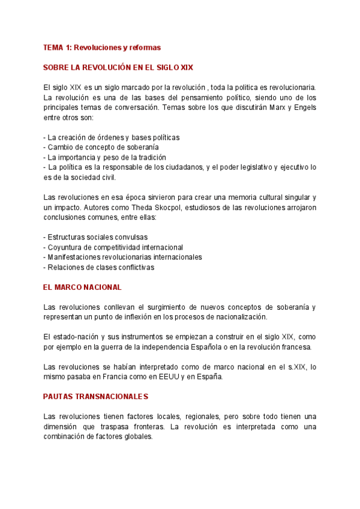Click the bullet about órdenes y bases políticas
[112, 137]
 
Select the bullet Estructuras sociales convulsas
[96, 237]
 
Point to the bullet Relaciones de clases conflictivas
[99, 268]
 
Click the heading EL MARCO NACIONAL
[83, 288]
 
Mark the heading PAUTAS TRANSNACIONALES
[96, 397]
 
